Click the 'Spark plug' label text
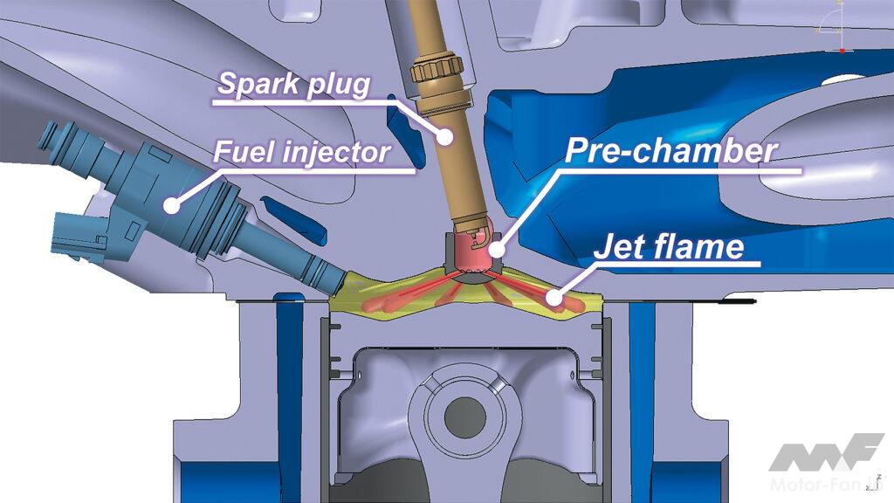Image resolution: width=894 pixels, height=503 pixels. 293,84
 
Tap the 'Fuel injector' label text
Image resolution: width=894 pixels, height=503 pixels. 301,152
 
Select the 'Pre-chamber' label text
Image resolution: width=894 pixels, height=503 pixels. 671,150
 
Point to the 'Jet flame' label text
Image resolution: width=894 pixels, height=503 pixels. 669,246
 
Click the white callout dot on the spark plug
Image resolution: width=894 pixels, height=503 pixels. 444,135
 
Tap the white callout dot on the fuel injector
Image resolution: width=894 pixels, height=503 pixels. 170,203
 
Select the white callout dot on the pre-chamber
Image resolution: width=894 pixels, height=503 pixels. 497,249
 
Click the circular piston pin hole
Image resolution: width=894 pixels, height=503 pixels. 464,417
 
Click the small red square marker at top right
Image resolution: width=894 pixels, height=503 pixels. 842,51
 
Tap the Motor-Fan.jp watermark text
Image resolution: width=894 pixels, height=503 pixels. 826,484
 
